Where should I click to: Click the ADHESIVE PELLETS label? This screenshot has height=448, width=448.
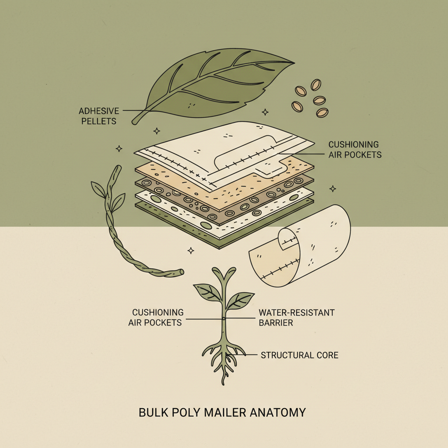(x=98, y=115)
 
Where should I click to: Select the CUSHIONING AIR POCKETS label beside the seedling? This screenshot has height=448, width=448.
(x=155, y=317)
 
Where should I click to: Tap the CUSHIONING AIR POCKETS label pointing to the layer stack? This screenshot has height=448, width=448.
(x=354, y=149)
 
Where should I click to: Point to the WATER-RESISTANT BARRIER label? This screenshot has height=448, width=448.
(x=296, y=318)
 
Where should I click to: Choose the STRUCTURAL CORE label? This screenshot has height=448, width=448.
(x=299, y=355)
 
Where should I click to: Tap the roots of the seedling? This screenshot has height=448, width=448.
(x=224, y=357)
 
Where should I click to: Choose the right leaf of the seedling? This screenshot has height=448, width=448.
(x=240, y=300)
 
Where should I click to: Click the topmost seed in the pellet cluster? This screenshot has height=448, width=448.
(x=316, y=84)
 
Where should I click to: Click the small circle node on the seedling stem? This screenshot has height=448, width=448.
(x=224, y=318)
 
